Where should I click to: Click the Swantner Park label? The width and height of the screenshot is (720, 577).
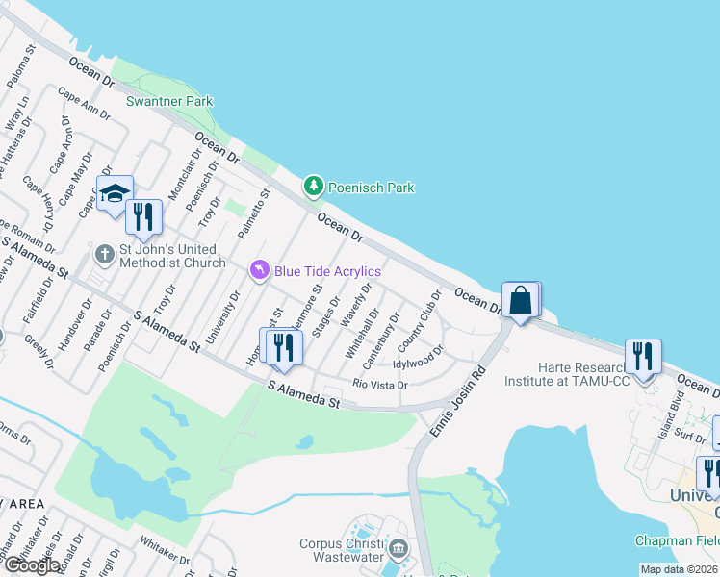tap(169, 101)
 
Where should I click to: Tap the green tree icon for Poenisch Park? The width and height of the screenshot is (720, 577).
tap(313, 186)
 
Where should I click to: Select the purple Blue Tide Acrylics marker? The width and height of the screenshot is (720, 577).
tap(258, 270)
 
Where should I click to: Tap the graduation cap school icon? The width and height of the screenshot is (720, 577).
tap(115, 192)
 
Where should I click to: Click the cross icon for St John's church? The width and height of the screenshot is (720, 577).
tap(105, 255)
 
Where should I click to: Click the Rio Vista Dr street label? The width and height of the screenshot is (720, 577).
tap(380, 385)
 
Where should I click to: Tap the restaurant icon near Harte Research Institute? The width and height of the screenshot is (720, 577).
tap(641, 357)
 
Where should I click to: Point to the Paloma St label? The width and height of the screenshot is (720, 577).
tap(21, 65)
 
